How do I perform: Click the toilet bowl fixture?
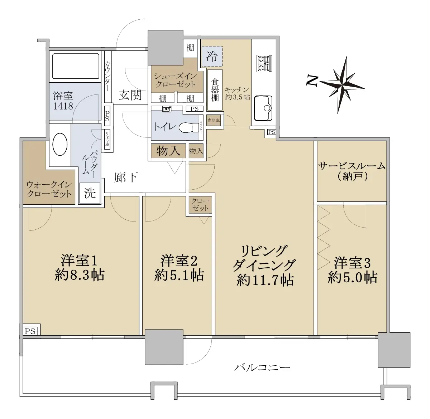point(188,127)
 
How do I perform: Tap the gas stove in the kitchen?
point(264,63)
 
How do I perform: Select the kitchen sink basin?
point(263,108)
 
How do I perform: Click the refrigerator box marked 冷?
point(212,57)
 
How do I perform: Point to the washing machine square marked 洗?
point(90,193)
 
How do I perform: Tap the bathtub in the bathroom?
point(76,66)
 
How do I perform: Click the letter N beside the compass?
point(312,81)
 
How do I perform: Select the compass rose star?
point(342,85)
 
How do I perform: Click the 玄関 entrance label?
point(130,96)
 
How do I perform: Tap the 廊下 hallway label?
point(126,177)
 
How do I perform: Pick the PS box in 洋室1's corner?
point(30,331)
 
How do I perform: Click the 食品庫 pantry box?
point(214,121)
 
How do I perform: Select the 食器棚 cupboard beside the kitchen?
point(215,90)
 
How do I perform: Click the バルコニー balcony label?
point(262,367)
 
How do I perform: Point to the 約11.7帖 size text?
point(265,280)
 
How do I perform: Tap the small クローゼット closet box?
point(200,205)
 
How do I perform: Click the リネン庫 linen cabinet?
point(107,139)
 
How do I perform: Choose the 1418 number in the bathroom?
point(63,106)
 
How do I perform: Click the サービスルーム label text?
point(352,166)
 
